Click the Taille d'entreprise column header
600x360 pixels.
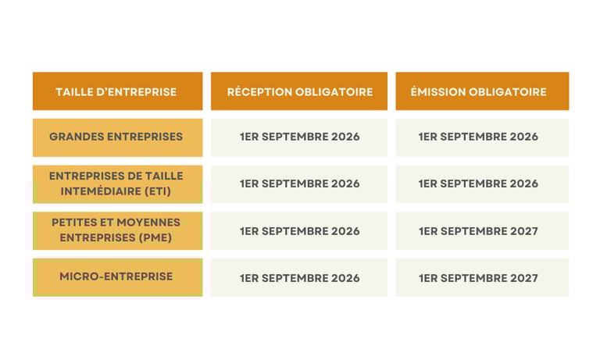coord(116,91)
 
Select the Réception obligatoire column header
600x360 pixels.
coord(299,91)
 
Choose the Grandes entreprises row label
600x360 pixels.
coord(116,137)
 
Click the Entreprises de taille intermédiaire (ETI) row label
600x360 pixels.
coord(116,184)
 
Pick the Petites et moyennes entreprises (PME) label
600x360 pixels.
coord(116,230)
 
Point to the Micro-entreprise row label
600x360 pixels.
coord(116,276)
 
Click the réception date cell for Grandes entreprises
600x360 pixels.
coord(299,137)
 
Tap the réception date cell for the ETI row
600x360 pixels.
coord(299,184)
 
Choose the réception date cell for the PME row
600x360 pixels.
coord(299,231)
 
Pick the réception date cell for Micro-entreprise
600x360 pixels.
coord(299,278)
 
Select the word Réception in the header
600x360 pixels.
coord(259,91)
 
